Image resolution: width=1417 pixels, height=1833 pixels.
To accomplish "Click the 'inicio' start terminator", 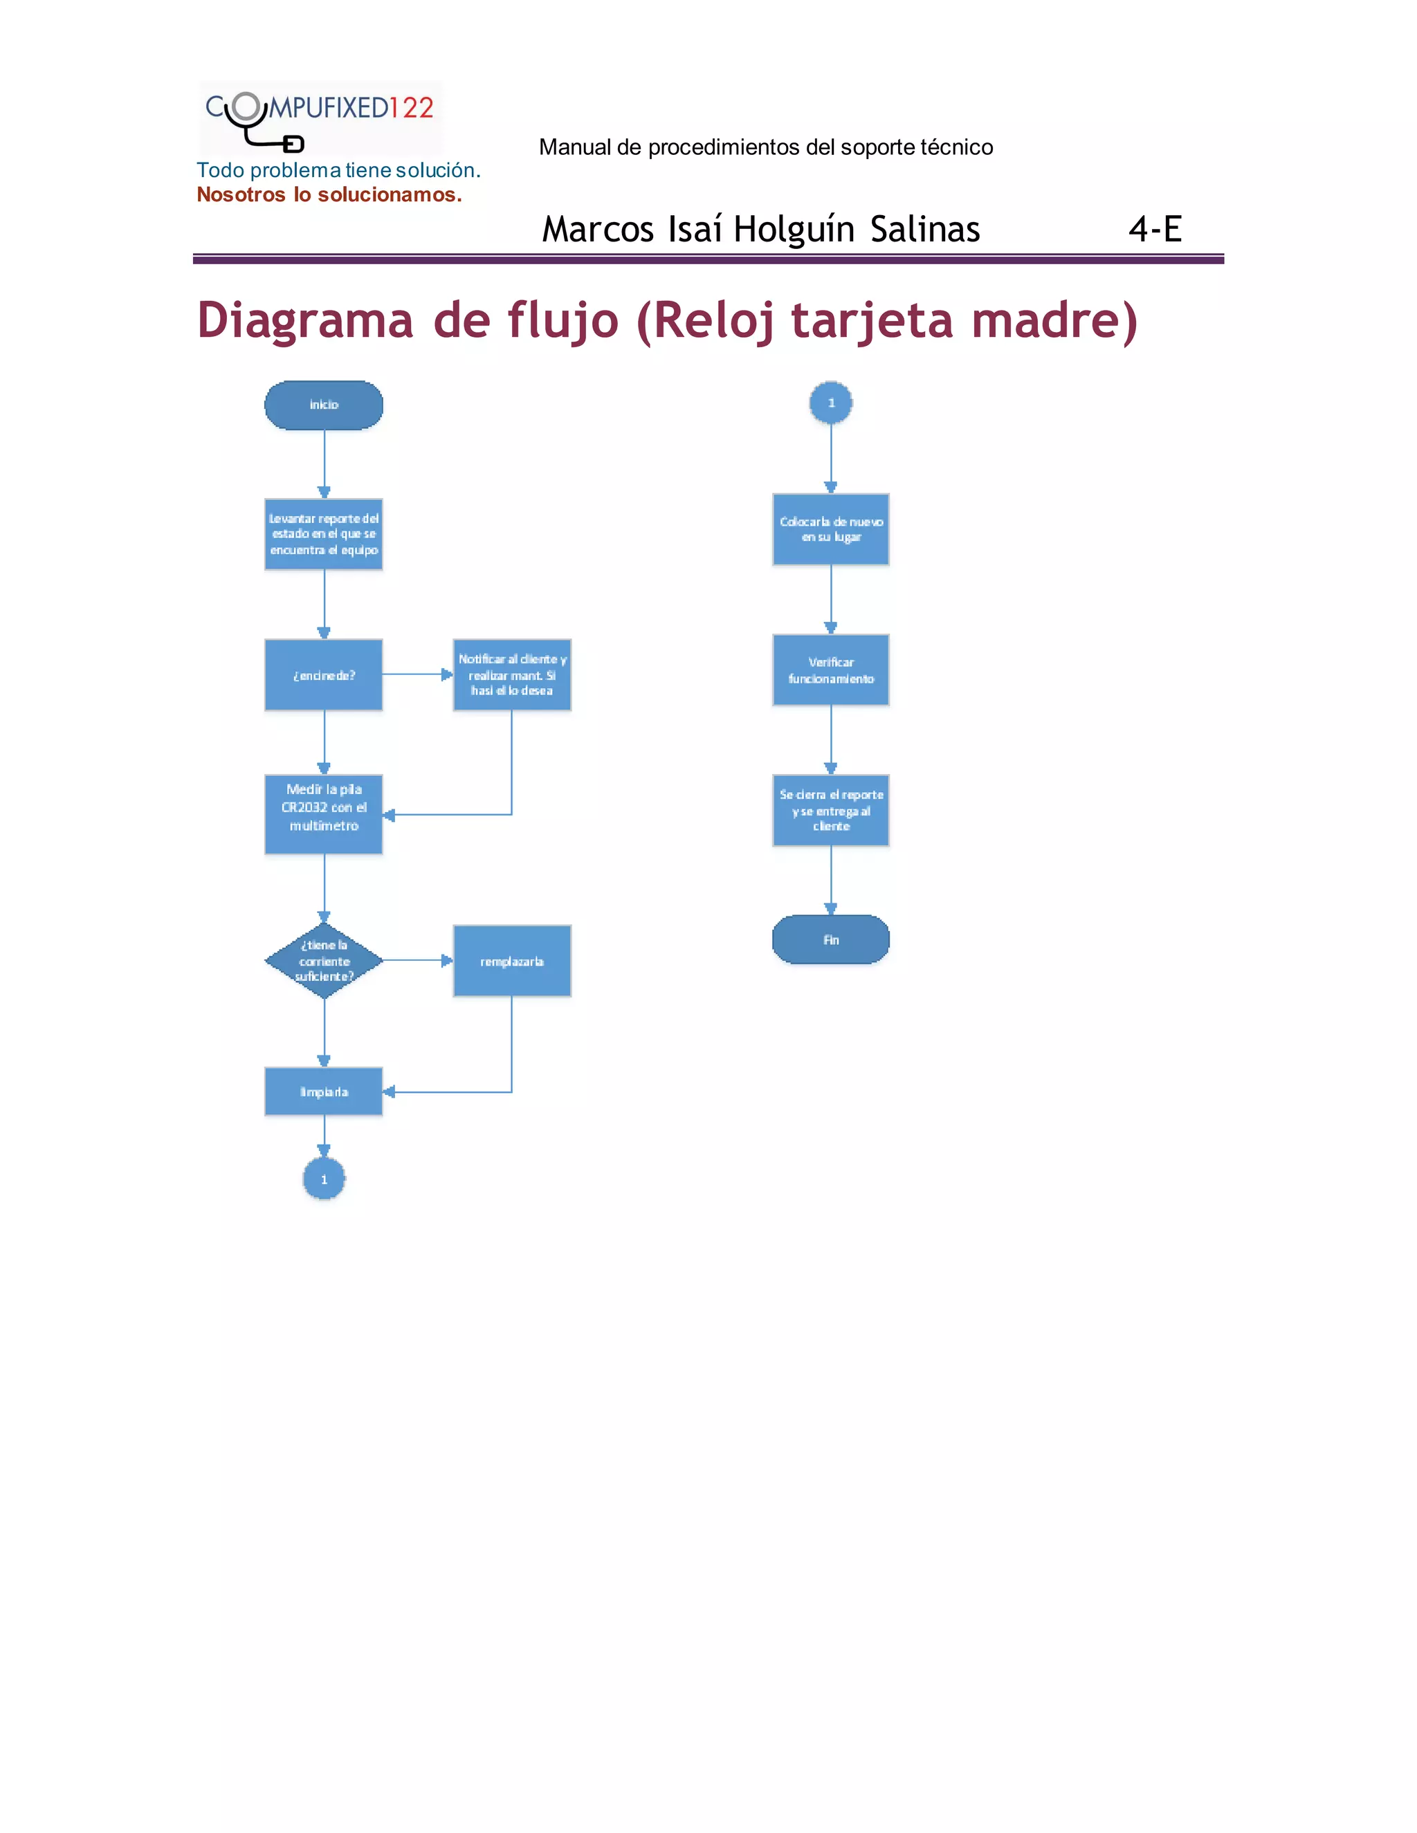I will click(x=323, y=405).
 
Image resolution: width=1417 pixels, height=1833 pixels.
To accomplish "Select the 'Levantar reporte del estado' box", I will click(x=323, y=535).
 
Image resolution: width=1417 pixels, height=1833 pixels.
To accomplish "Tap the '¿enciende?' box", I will click(x=323, y=675).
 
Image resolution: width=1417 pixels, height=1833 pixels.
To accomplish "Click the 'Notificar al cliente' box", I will click(x=512, y=675).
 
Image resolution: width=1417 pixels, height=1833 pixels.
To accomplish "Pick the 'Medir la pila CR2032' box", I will click(x=323, y=814).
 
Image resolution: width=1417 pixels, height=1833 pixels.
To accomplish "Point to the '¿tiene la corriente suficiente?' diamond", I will click(x=324, y=961).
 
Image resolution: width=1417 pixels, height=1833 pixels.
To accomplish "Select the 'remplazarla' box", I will click(x=512, y=961).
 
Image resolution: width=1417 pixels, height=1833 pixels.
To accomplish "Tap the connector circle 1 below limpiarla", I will click(x=324, y=1179).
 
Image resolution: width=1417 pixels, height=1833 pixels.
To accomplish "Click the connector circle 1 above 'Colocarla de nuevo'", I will click(x=831, y=403).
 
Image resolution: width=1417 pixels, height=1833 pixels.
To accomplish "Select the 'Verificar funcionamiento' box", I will click(x=831, y=670).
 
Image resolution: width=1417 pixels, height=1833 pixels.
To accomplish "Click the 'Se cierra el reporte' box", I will click(x=831, y=810).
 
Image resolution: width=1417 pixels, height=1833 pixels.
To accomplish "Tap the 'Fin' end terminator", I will click(x=831, y=939).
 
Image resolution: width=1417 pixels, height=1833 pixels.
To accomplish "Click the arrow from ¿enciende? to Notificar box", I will click(x=417, y=674).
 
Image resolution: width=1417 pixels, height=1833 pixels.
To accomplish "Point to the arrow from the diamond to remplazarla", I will click(x=417, y=960).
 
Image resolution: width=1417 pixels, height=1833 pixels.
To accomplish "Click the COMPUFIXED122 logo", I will click(x=320, y=118).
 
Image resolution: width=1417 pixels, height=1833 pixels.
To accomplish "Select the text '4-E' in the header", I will click(x=1155, y=228).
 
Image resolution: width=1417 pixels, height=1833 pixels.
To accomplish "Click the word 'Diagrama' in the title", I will click(x=304, y=321).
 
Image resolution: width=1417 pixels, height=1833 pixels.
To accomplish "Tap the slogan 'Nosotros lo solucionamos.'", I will click(x=329, y=195).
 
